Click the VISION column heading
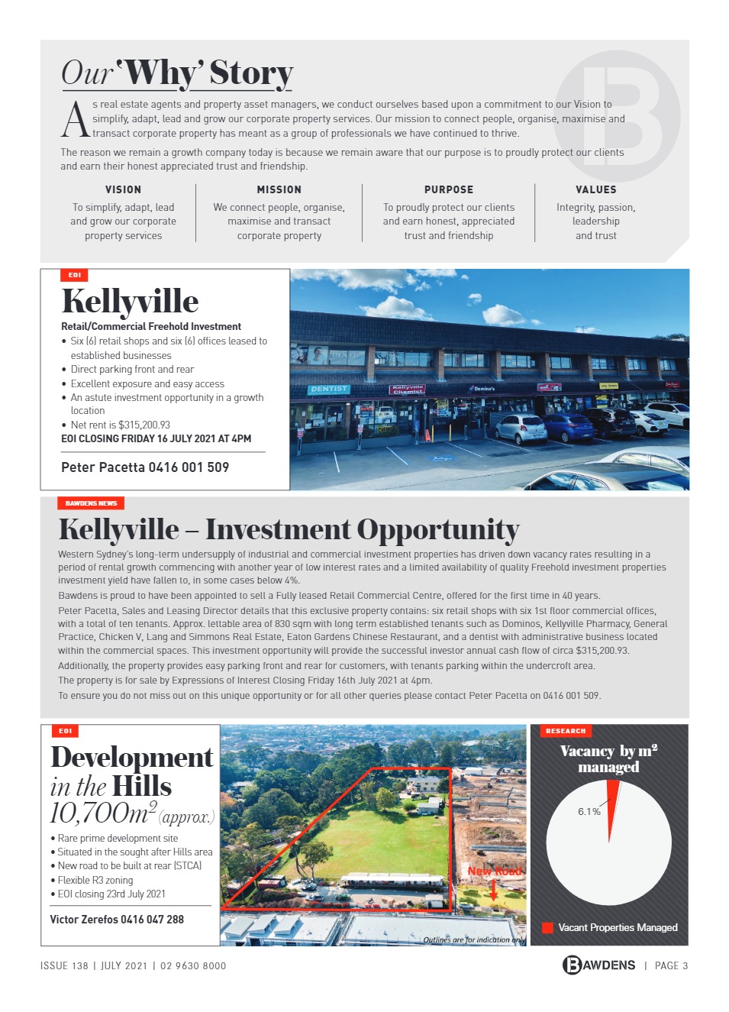coord(123,189)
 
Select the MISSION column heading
coord(279,189)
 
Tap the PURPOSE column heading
coord(448,189)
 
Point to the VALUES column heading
coord(595,189)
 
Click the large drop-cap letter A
coord(75,120)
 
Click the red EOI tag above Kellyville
coord(75,275)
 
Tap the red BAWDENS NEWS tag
coord(91,503)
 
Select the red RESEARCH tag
coord(566,731)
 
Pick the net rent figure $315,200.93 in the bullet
coord(144,425)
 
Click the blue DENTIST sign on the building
coord(329,389)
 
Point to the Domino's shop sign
coord(484,389)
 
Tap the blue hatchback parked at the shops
coord(566,427)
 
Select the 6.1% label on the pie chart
coord(589,811)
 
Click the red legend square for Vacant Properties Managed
coord(547,927)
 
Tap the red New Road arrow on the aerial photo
coord(494,889)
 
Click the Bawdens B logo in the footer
coord(572,965)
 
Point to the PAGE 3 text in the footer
coord(671,965)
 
